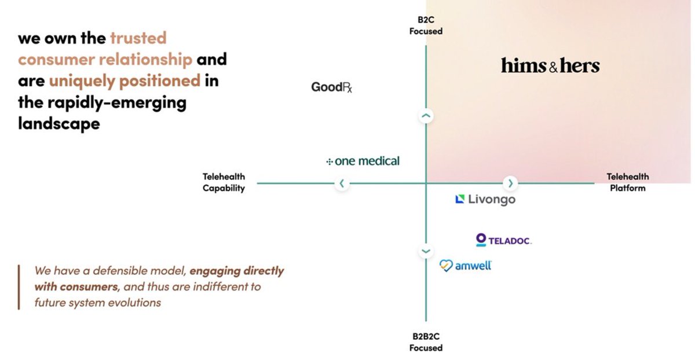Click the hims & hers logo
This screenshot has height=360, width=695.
(x=550, y=66)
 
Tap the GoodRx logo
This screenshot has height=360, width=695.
(x=332, y=87)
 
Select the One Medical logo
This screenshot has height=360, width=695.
(x=363, y=161)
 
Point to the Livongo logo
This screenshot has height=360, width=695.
(x=485, y=200)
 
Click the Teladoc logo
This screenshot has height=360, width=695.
(x=503, y=240)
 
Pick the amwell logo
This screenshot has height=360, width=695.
(x=466, y=266)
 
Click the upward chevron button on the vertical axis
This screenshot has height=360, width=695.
(x=426, y=116)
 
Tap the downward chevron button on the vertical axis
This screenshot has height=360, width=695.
(x=426, y=251)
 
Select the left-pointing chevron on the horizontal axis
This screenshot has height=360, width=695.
(x=342, y=183)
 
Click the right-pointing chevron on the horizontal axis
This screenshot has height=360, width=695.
(x=510, y=183)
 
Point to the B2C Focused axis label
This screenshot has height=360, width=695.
(x=426, y=26)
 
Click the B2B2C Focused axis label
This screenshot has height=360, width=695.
(x=426, y=342)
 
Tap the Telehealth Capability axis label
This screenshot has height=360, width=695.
(x=224, y=182)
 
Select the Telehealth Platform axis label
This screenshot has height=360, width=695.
(x=628, y=182)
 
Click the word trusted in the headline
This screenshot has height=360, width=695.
(x=138, y=39)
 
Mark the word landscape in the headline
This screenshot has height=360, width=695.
(x=59, y=123)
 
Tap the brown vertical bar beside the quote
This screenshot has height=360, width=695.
(x=19, y=286)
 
